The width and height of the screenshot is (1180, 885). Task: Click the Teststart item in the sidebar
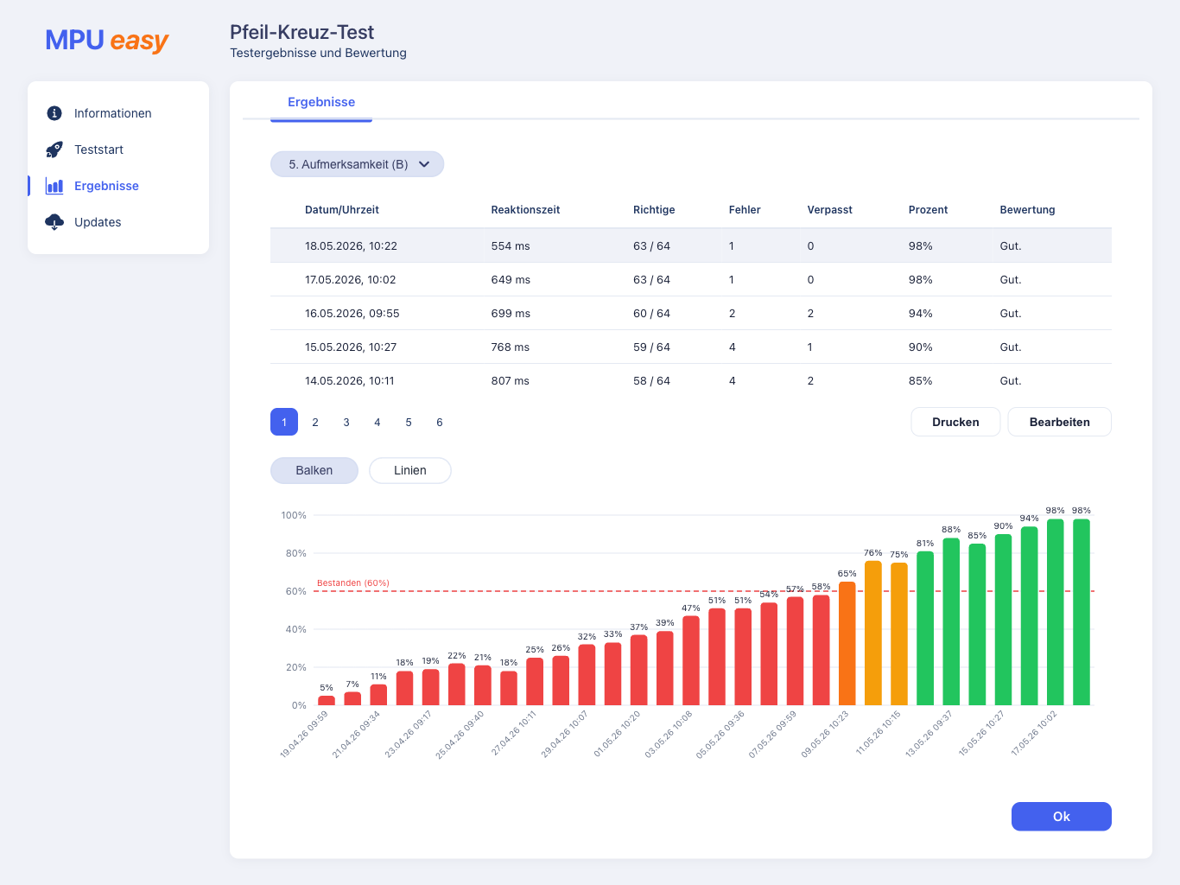(98, 150)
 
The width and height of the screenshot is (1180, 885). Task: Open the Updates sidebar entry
(98, 222)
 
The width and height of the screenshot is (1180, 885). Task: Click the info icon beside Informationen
(54, 113)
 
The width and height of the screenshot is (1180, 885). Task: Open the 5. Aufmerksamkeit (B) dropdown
(357, 164)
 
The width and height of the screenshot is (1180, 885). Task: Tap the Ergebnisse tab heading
(321, 102)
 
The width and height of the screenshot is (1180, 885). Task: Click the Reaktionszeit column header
(525, 210)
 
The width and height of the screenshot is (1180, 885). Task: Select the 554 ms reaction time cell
(511, 245)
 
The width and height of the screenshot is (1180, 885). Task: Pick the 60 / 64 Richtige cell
(651, 314)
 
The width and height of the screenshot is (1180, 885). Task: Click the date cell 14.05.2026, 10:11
(350, 380)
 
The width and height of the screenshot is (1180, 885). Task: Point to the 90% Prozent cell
(920, 347)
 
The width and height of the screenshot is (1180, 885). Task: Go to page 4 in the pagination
(377, 422)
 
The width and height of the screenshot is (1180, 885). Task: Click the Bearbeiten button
(1059, 422)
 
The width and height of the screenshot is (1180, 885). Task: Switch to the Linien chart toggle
(410, 470)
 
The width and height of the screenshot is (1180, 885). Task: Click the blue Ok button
(1061, 816)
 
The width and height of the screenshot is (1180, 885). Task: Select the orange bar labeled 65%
(847, 643)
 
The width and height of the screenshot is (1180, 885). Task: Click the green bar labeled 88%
(951, 621)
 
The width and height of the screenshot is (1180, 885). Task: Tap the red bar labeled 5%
(327, 700)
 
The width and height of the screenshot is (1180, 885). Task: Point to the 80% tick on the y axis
(295, 553)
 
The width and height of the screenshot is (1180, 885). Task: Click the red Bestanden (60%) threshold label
(353, 583)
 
